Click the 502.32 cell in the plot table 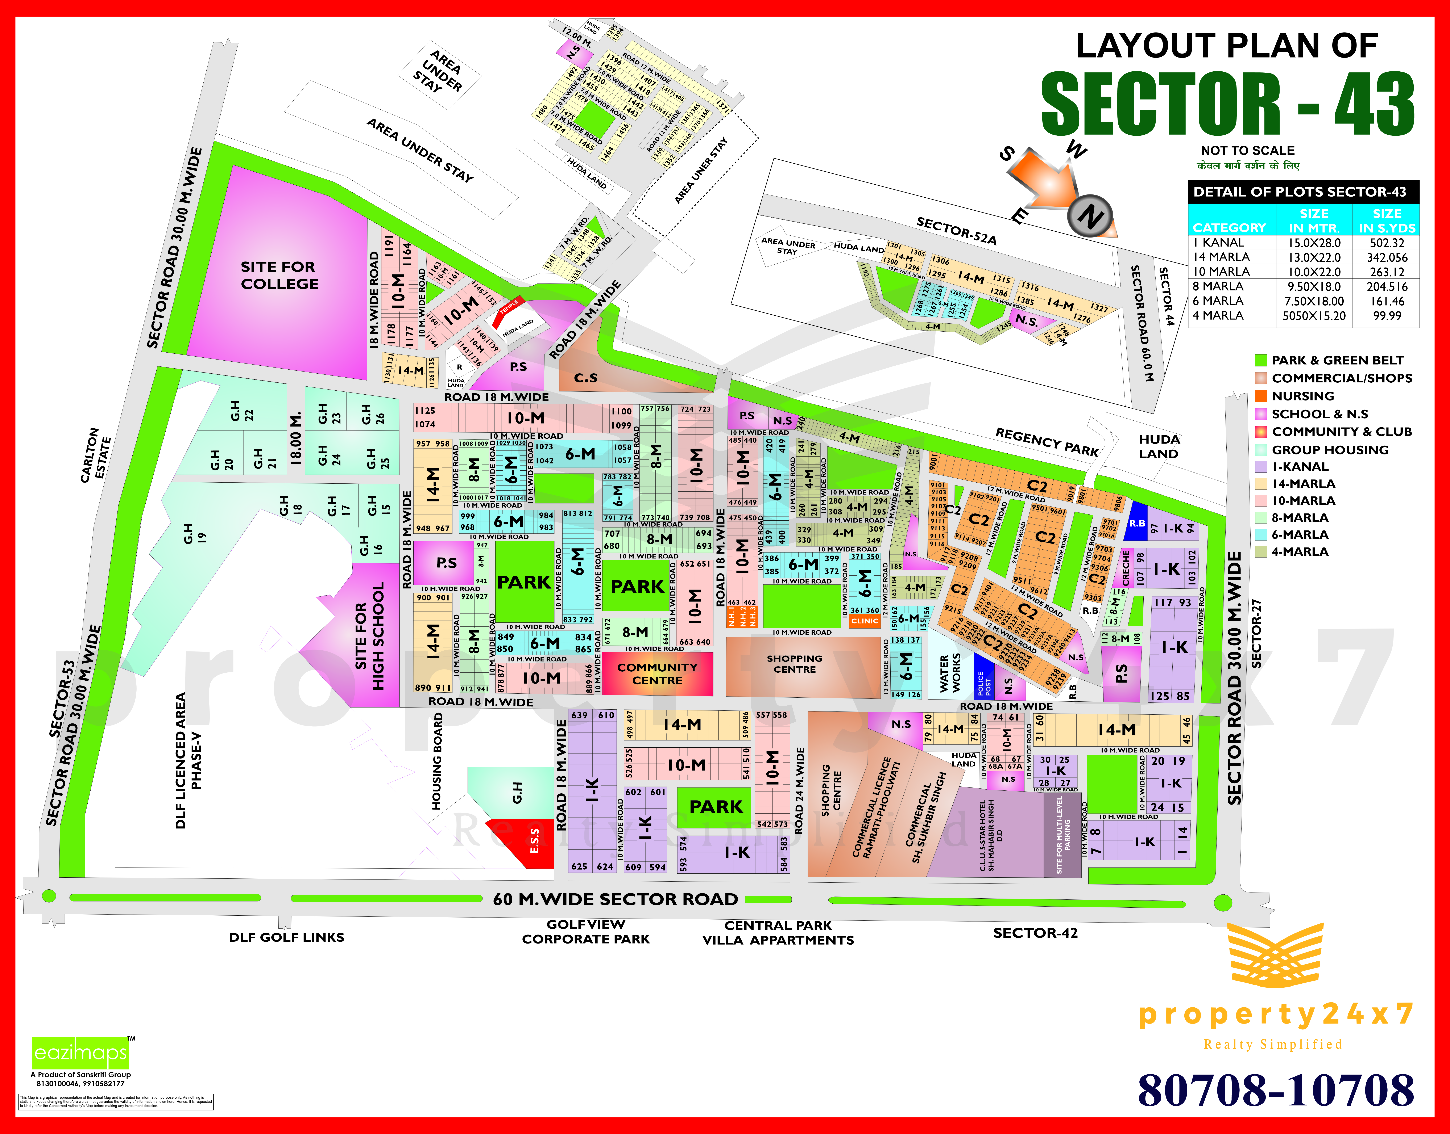coord(1387,243)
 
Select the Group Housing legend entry coord(1330,449)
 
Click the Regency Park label coord(1047,441)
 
